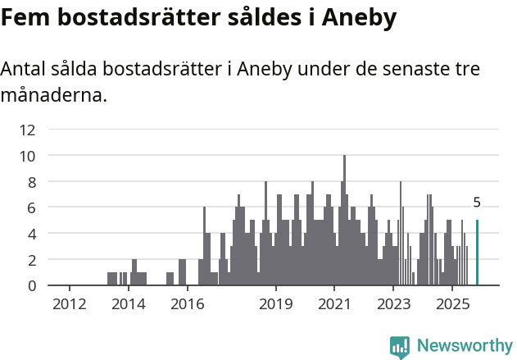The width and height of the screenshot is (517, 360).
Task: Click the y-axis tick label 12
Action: click(x=28, y=130)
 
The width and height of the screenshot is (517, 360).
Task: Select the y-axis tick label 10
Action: click(x=28, y=156)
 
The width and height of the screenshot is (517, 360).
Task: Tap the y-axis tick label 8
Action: click(x=31, y=181)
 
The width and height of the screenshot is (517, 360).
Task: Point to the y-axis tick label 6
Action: click(x=31, y=207)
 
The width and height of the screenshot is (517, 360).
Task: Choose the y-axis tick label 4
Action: click(x=31, y=234)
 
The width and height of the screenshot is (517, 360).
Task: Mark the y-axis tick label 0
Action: click(x=31, y=285)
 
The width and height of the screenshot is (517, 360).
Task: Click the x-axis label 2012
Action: click(x=70, y=304)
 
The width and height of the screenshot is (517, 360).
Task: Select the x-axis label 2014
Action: click(x=128, y=304)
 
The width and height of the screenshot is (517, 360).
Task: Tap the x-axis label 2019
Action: click(x=276, y=304)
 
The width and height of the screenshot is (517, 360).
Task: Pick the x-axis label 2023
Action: click(x=393, y=304)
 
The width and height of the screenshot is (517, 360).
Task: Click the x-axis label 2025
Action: click(x=452, y=304)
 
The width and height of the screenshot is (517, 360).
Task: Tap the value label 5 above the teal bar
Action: click(x=477, y=203)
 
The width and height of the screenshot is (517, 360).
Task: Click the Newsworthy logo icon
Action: click(x=400, y=346)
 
